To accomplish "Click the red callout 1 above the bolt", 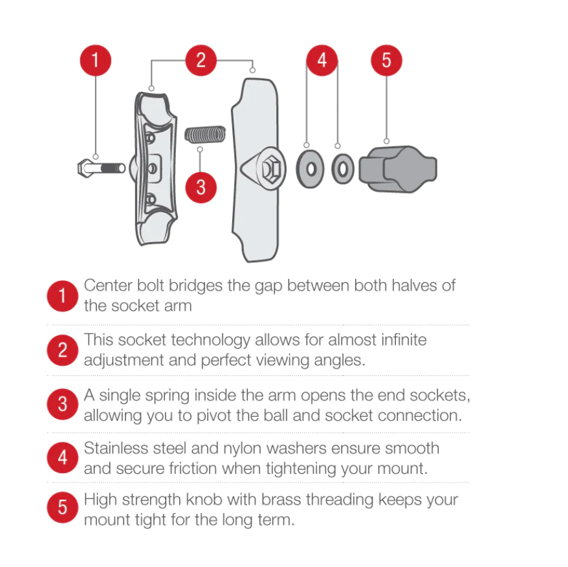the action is pos(96,60).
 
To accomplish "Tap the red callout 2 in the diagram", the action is pos(201,60).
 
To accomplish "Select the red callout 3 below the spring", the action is pos(201,188).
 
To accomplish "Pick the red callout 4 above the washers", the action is pos(322,60).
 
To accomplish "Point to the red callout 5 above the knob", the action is pos(386,60).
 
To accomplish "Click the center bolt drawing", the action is pos(102,168).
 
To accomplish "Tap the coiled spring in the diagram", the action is pos(205,135).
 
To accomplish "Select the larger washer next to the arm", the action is pos(310,169).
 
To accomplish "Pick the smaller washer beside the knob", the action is pos(343,169).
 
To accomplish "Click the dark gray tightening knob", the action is pos(398,169).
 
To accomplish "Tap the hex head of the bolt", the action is pos(85,168).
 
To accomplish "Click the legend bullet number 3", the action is pos(62,405).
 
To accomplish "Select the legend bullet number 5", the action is pos(62,507).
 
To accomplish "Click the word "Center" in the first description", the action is pos(108,285).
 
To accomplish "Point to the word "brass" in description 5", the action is pos(281,500).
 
